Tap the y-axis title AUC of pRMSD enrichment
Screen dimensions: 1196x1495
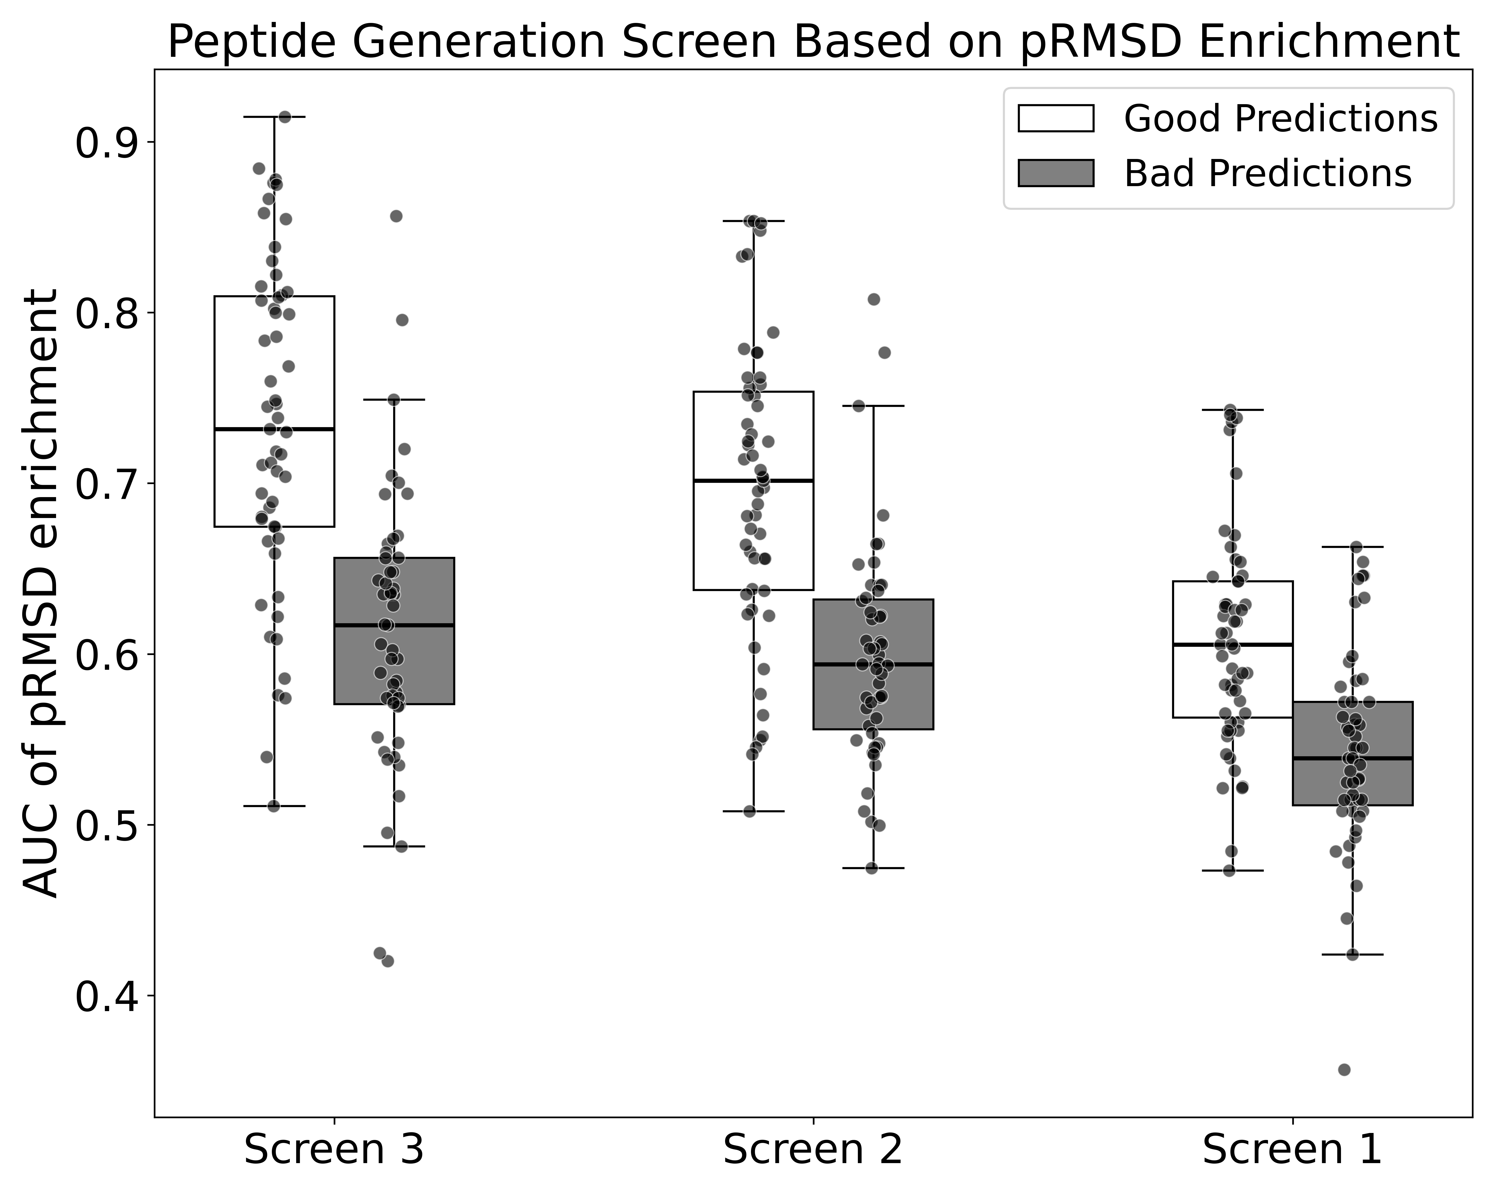click(40, 593)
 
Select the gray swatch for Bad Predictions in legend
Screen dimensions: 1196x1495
click(1055, 173)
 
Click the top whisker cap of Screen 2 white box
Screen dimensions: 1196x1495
click(753, 221)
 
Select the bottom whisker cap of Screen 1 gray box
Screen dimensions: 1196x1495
click(1352, 955)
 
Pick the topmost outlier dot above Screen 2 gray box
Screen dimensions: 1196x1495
click(874, 299)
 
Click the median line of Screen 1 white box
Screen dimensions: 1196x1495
click(1232, 645)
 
